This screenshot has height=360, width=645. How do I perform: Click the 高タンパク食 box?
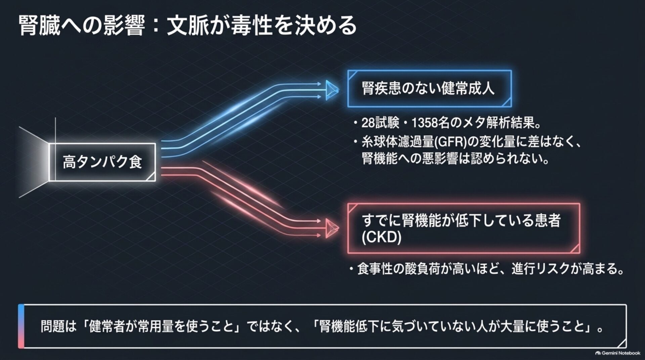pos(102,162)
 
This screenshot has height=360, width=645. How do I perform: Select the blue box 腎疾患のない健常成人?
pos(429,89)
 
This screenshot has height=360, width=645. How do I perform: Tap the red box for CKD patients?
pos(464,229)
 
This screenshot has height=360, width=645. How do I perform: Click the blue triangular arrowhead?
pos(332,90)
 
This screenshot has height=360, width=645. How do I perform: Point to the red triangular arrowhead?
pos(332,228)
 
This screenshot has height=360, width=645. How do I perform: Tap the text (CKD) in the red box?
pos(382,237)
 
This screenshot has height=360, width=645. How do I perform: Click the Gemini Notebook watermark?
pos(618,353)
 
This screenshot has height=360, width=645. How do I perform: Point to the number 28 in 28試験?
pos(368,123)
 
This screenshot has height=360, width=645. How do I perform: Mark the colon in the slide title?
pos(155,26)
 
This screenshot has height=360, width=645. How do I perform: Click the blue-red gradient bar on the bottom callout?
pos(21,326)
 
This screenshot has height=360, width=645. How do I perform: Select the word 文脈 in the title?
pos(187,26)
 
